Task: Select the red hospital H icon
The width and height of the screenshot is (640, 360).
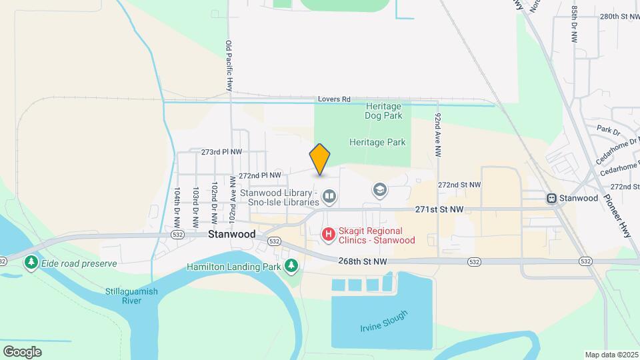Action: [x=328, y=234]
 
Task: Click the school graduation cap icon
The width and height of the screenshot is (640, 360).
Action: [x=380, y=191]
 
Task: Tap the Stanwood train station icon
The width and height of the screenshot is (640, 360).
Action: [x=552, y=198]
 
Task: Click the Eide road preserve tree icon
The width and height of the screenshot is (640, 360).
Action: [x=31, y=263]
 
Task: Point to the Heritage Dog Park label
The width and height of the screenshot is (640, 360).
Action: [x=383, y=111]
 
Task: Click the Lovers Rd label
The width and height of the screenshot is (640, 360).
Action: [x=334, y=99]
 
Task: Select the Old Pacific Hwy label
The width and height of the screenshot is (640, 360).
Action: [x=229, y=65]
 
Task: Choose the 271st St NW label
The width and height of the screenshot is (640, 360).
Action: [x=439, y=209]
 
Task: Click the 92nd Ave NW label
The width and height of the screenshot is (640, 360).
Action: [x=438, y=135]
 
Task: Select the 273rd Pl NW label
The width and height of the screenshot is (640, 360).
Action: [x=221, y=152]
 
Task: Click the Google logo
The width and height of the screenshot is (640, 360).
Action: [x=22, y=351]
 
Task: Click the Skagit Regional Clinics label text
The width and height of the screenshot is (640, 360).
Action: [x=377, y=235]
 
